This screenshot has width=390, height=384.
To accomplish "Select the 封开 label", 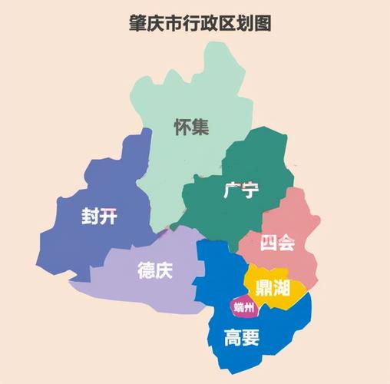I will tap(100, 217).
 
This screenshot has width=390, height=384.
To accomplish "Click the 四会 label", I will tap(277, 243).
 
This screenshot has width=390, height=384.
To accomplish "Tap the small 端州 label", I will tap(244, 308).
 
